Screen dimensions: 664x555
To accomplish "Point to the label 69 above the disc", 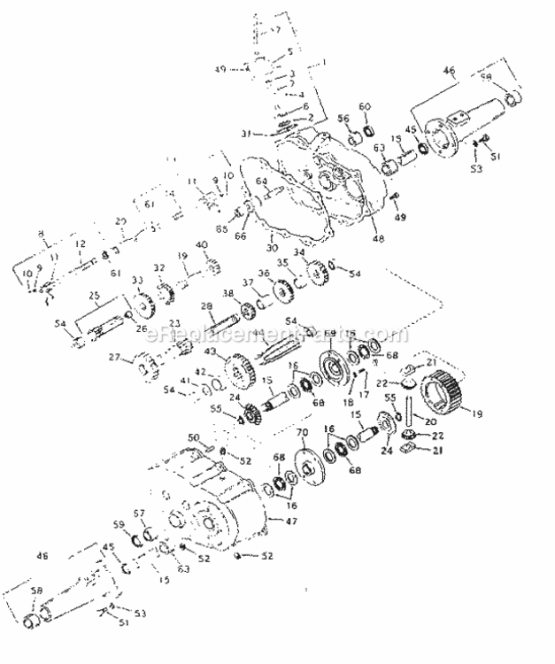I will (x=330, y=333).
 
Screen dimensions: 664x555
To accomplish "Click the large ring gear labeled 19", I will (x=453, y=387).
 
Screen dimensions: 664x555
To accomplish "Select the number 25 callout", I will (x=94, y=295).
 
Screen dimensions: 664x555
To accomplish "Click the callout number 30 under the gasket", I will (x=272, y=249).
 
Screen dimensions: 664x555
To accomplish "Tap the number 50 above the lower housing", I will (x=194, y=437).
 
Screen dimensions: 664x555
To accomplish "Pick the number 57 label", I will (x=137, y=513).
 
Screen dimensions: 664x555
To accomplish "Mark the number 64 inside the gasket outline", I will (x=261, y=181).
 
